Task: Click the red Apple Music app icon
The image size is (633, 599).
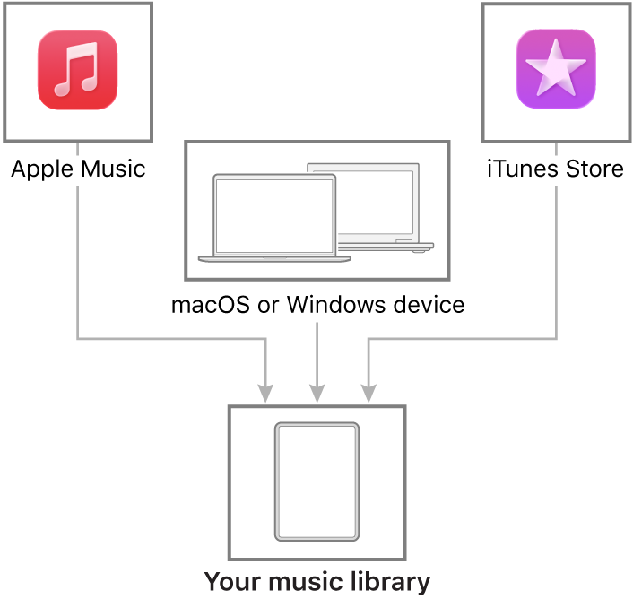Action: [x=77, y=70]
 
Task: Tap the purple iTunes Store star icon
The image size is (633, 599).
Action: [x=556, y=70]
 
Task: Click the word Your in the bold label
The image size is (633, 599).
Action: [x=229, y=581]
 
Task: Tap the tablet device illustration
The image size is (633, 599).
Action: [x=316, y=482]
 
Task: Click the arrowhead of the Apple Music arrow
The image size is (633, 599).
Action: [x=265, y=393]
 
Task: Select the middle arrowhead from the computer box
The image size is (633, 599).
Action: [x=316, y=393]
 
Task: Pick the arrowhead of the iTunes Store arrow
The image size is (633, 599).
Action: [x=368, y=393]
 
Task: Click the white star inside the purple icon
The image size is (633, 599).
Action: [x=556, y=68]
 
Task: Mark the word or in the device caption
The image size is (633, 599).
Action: [x=268, y=305]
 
